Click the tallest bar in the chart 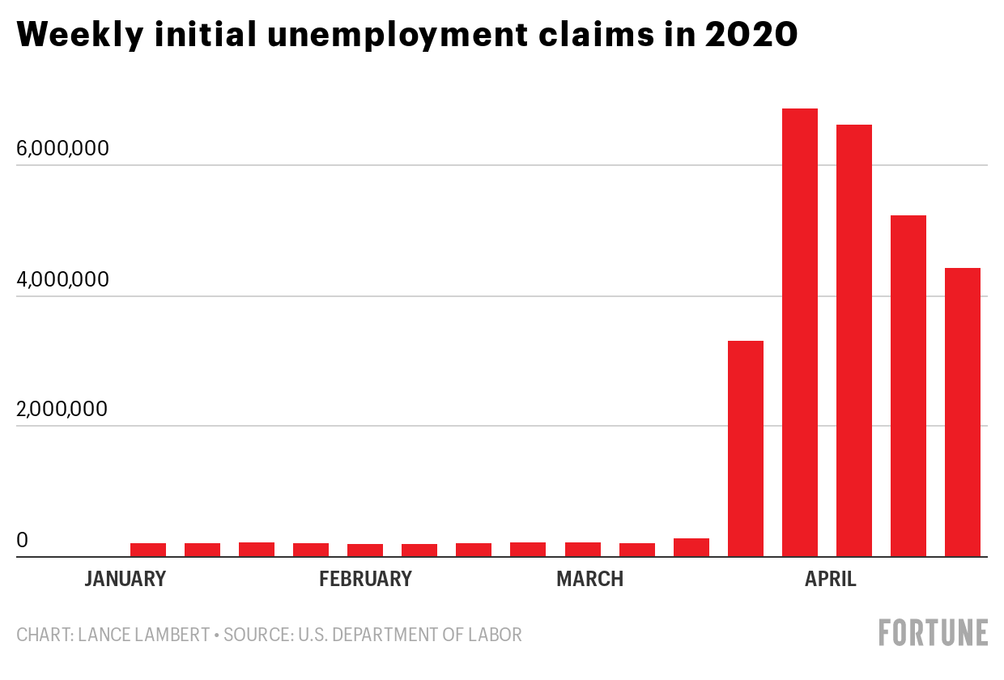click(x=800, y=332)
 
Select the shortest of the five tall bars click(x=746, y=448)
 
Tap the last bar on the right click(x=963, y=412)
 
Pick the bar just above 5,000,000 click(x=908, y=385)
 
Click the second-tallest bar click(x=854, y=340)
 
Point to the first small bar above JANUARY click(x=148, y=550)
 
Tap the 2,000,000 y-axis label click(x=62, y=409)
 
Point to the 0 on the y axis click(x=23, y=539)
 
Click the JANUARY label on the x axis click(x=125, y=580)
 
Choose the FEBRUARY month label click(x=365, y=580)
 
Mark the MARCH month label click(x=589, y=580)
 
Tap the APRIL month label click(x=830, y=580)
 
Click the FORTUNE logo click(x=934, y=632)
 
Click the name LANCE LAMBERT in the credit click(x=143, y=635)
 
